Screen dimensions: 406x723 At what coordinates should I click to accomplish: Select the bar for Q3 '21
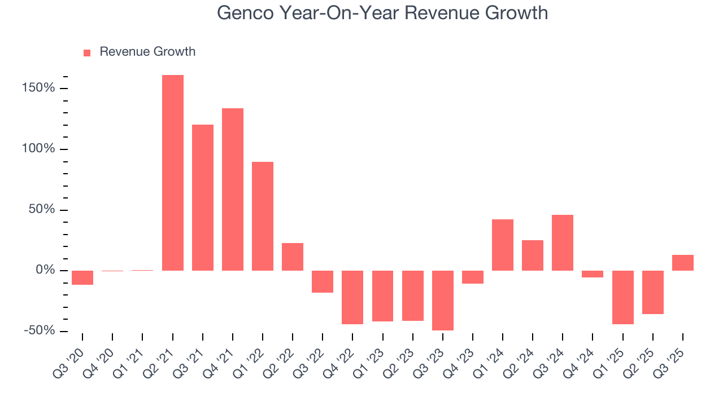click(203, 197)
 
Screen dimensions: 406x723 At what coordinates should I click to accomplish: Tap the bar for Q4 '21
click(233, 189)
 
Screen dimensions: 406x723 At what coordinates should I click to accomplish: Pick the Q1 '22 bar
click(263, 216)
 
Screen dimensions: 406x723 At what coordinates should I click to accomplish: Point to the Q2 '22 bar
click(293, 257)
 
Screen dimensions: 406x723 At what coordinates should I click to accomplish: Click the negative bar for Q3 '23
click(443, 300)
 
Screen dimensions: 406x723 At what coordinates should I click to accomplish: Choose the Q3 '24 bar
click(563, 242)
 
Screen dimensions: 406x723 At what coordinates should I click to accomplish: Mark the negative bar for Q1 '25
click(622, 297)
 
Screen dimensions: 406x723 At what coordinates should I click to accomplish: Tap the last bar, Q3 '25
click(683, 263)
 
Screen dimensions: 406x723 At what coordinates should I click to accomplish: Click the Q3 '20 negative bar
click(82, 277)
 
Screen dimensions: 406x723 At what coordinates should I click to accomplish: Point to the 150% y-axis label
click(39, 89)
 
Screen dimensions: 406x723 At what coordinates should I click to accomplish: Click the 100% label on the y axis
click(39, 149)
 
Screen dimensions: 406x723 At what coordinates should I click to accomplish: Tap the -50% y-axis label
click(39, 330)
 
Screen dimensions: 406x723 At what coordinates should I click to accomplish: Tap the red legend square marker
click(87, 52)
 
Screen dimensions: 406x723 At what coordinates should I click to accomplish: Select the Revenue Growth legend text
click(147, 52)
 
